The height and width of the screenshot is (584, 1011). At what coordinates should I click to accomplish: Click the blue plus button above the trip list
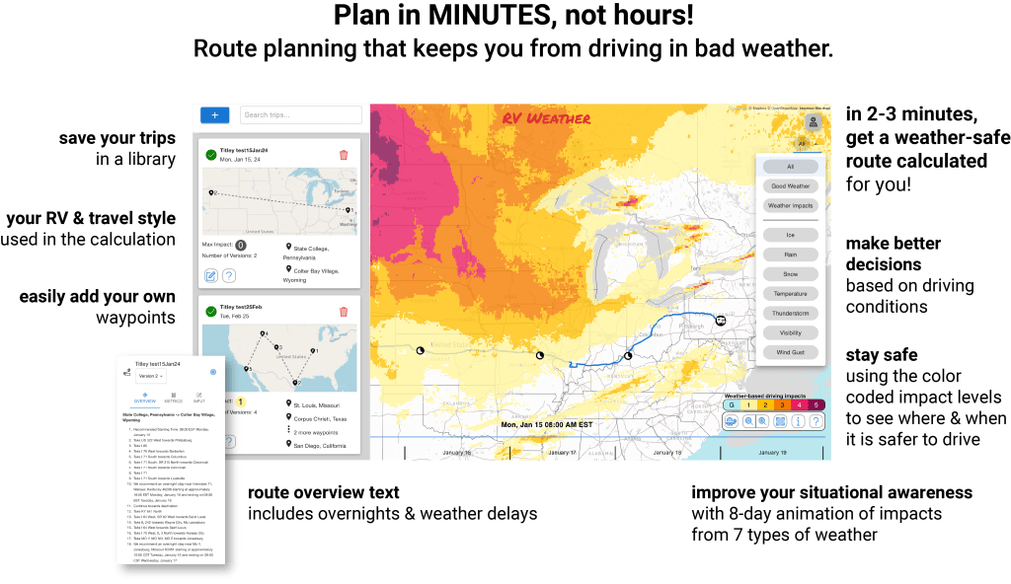(x=214, y=115)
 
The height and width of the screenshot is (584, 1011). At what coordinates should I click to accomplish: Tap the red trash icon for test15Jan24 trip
(x=343, y=155)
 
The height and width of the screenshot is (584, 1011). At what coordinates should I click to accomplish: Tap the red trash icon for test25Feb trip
(x=343, y=312)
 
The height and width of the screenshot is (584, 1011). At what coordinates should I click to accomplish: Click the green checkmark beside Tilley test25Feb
(x=210, y=312)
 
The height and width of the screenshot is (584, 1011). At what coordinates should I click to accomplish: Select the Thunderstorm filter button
(x=790, y=313)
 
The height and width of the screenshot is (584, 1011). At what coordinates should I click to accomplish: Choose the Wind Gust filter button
(x=790, y=351)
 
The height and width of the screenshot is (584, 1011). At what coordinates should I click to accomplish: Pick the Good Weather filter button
(x=790, y=185)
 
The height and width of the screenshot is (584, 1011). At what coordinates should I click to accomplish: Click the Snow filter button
(x=790, y=273)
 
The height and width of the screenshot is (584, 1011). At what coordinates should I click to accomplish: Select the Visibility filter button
(x=790, y=332)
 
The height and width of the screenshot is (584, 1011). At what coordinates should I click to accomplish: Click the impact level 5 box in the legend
(x=817, y=404)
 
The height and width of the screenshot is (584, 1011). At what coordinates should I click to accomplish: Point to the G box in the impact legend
(x=731, y=404)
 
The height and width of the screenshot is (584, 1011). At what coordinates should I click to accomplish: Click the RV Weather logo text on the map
(x=546, y=119)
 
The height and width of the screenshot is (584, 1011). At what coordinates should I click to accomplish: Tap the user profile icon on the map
(x=813, y=122)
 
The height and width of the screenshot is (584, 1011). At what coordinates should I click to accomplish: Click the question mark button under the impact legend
(x=817, y=421)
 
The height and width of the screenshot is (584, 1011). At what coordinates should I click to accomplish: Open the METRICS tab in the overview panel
(x=173, y=398)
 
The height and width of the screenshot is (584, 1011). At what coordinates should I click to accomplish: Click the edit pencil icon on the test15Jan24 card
(x=211, y=276)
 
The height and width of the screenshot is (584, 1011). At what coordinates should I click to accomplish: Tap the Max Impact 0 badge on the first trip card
(x=241, y=245)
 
